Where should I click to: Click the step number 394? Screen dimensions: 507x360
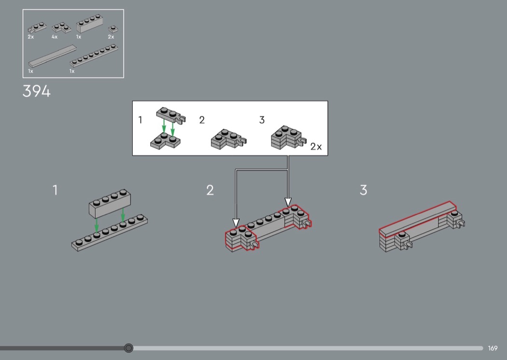pyautogui.click(x=37, y=91)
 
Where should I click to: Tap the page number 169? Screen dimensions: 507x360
pyautogui.click(x=493, y=348)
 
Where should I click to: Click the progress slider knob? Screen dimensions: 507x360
pyautogui.click(x=128, y=348)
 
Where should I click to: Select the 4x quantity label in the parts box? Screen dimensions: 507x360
pyautogui.click(x=55, y=37)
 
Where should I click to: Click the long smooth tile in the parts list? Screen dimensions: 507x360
pyautogui.click(x=53, y=56)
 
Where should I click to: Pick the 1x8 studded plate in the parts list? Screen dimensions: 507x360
pyautogui.click(x=94, y=55)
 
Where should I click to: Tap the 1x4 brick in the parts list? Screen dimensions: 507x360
pyautogui.click(x=90, y=23)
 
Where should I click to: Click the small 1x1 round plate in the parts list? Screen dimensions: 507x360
pyautogui.click(x=113, y=29)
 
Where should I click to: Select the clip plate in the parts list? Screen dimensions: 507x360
pyautogui.click(x=37, y=28)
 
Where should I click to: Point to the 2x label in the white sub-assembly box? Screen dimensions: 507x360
pyautogui.click(x=316, y=147)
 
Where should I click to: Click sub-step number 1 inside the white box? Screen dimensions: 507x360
pyautogui.click(x=141, y=120)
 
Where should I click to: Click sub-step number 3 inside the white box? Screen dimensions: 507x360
pyautogui.click(x=262, y=120)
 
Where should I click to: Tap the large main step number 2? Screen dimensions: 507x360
pyautogui.click(x=210, y=190)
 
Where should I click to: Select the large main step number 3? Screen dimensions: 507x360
pyautogui.click(x=364, y=190)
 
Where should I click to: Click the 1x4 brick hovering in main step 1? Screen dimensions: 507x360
pyautogui.click(x=110, y=204)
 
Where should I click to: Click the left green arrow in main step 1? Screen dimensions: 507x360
pyautogui.click(x=97, y=225)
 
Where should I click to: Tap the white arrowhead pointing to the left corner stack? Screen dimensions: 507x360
pyautogui.click(x=236, y=222)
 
